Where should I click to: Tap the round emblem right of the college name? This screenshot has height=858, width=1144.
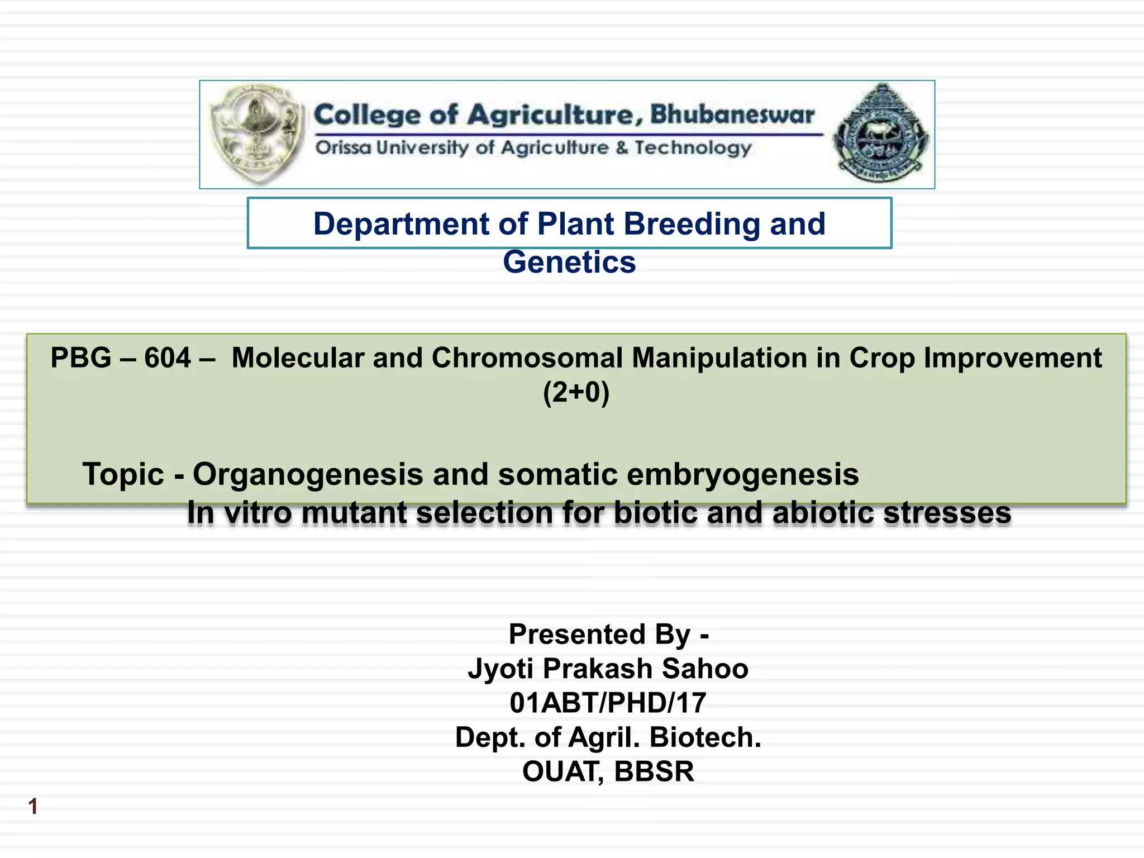point(881,134)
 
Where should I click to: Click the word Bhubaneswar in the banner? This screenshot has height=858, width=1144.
point(732,114)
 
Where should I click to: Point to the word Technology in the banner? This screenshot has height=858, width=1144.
point(693,147)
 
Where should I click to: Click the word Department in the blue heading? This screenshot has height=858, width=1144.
point(401,224)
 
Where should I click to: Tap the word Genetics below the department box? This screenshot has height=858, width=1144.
point(569,262)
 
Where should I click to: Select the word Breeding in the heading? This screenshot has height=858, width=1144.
point(692,224)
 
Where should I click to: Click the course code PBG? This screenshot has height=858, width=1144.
point(80,357)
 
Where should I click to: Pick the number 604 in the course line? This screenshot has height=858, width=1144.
point(168,357)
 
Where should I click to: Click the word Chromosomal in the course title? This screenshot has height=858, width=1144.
point(527,357)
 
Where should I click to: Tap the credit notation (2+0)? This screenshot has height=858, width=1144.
point(576,392)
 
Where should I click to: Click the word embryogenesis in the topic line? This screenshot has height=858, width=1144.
point(742,474)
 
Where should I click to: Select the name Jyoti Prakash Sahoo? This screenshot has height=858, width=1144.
point(608,669)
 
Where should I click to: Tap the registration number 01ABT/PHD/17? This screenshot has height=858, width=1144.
point(608,703)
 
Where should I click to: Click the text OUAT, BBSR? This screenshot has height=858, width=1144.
point(608,771)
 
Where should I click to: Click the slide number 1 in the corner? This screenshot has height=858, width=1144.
point(33,807)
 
